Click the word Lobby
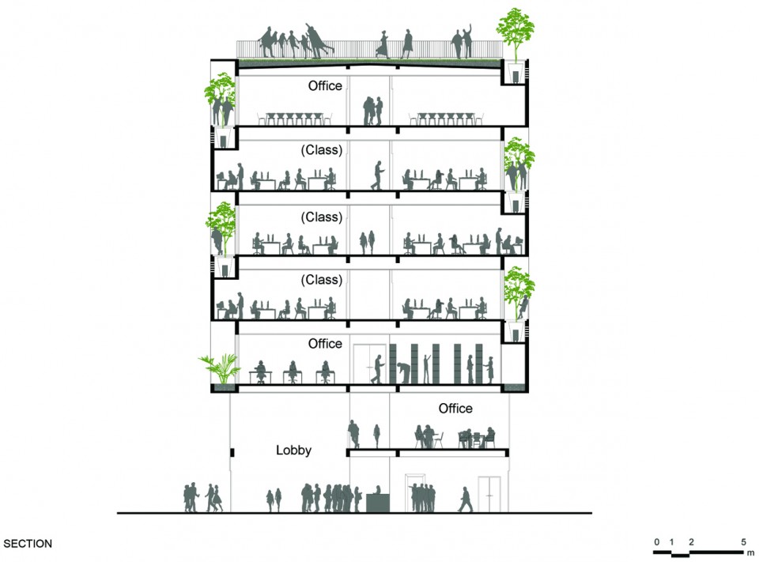293,451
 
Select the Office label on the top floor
325,85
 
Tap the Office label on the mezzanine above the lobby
455,409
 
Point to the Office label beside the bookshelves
325,344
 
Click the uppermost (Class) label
322,150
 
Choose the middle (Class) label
322,217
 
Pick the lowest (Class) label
322,280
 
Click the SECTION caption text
28,544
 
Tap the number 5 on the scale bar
743,541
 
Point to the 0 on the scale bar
656,541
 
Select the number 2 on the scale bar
691,541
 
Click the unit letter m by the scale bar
751,553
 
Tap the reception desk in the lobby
378,503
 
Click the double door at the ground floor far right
489,494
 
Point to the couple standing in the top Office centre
372,111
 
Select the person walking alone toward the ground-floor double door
465,500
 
